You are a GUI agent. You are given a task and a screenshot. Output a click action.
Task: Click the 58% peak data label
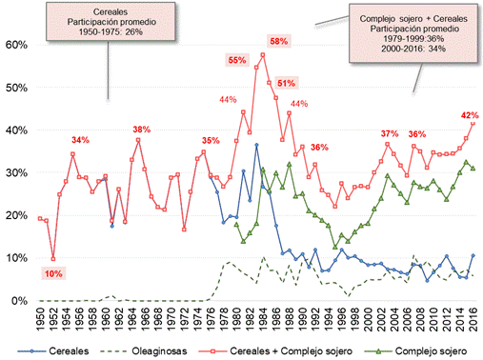click(279, 41)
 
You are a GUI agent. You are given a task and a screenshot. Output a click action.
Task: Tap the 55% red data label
click(236, 60)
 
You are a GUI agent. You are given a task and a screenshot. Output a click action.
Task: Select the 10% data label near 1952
click(53, 274)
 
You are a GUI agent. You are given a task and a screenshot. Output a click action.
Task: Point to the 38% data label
click(141, 130)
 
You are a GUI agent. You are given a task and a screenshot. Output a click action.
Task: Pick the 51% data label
click(286, 84)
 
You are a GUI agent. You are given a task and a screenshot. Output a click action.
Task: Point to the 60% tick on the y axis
click(16, 45)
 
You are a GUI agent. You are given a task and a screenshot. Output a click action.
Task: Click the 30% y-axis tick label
click(16, 172)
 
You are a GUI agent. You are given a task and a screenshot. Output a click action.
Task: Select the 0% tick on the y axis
click(19, 301)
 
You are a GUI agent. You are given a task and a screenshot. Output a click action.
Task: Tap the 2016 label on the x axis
click(473, 320)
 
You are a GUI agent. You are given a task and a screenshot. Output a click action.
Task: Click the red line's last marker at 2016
click(473, 123)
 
